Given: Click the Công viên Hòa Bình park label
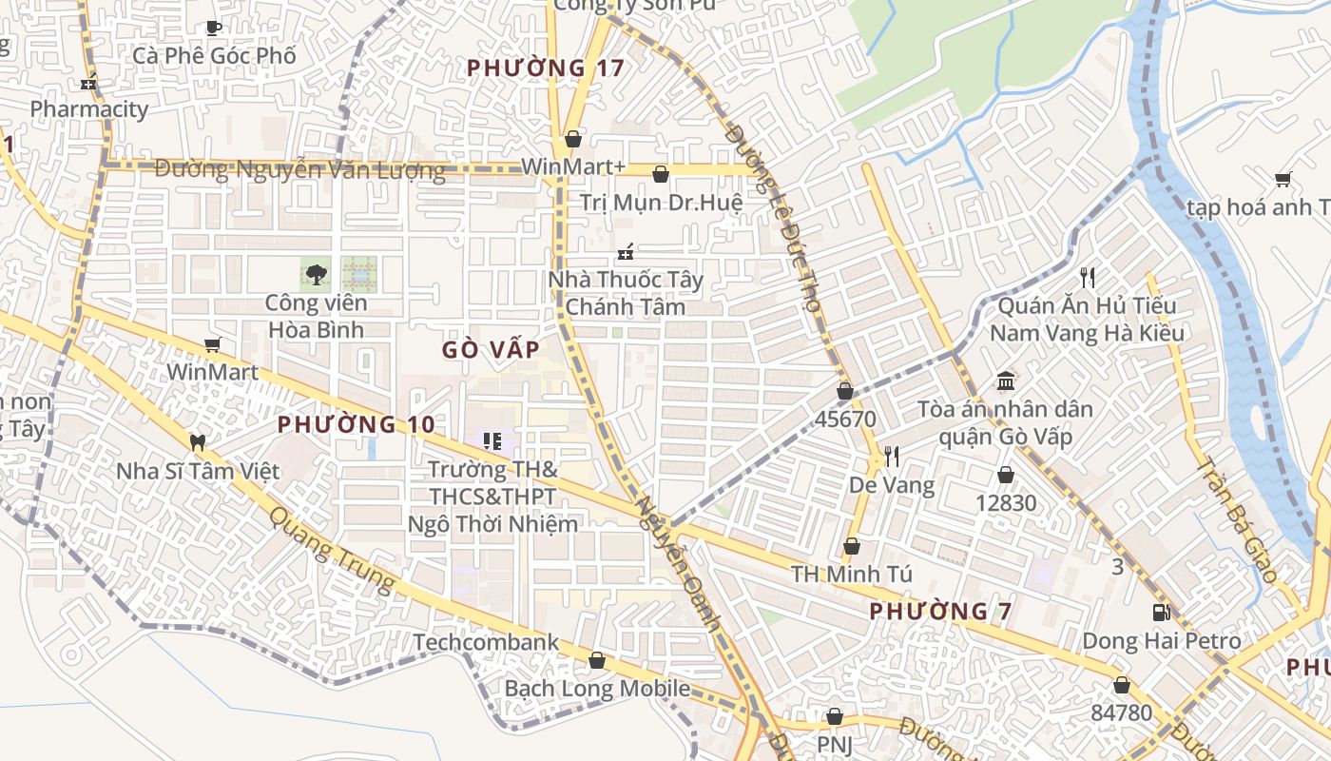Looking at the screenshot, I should [x=315, y=317].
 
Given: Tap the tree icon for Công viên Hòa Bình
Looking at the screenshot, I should [x=315, y=275].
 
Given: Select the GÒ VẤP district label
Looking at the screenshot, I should [x=491, y=349].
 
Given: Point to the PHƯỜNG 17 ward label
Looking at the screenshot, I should [x=547, y=68].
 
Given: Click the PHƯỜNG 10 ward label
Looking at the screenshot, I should [x=357, y=424].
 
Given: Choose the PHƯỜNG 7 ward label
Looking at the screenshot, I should [x=941, y=611].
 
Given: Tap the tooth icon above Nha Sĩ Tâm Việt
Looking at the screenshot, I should [x=198, y=442].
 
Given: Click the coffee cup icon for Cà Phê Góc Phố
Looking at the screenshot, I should [x=214, y=29].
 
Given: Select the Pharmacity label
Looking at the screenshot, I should [x=89, y=108].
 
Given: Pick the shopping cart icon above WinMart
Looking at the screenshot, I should [x=212, y=344].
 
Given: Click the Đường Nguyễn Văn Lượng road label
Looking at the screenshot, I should [x=299, y=170].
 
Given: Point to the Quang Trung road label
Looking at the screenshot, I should [x=331, y=550].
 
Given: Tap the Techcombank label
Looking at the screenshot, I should [x=486, y=642].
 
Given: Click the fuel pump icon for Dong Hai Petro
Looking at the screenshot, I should [x=1161, y=613].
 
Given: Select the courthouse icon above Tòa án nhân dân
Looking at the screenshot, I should [x=1005, y=382].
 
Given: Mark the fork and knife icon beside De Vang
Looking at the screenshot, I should [x=891, y=457].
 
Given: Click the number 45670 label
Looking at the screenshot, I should [x=845, y=419].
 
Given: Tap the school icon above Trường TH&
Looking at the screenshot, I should [x=492, y=440].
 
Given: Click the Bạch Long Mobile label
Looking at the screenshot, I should [x=597, y=688].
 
